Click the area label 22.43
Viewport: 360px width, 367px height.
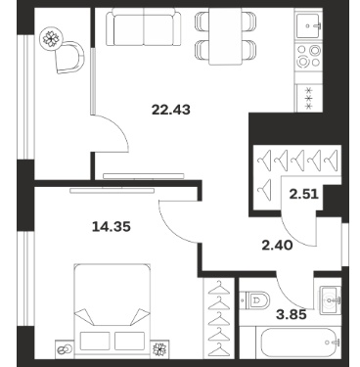pyautogui.click(x=171, y=110)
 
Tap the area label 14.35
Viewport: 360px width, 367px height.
pyautogui.click(x=112, y=226)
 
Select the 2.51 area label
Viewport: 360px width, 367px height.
pyautogui.click(x=304, y=194)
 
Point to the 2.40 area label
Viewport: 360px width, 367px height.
pyautogui.click(x=277, y=245)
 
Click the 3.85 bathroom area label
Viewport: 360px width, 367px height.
pyautogui.click(x=292, y=314)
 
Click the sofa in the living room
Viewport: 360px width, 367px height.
pyautogui.click(x=144, y=27)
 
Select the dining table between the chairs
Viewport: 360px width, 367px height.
pyautogui.click(x=226, y=36)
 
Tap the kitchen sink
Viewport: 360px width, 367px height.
pyautogui.click(x=309, y=25)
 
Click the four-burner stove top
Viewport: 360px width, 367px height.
pyautogui.click(x=309, y=56)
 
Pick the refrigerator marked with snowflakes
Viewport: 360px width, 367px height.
pyautogui.click(x=308, y=97)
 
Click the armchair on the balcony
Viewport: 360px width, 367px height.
pyautogui.click(x=69, y=57)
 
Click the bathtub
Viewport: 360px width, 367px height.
pyautogui.click(x=301, y=343)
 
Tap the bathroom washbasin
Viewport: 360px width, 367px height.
pyautogui.click(x=330, y=299)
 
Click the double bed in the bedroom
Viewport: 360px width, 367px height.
pyautogui.click(x=112, y=311)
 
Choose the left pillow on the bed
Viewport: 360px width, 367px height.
pyautogui.click(x=94, y=341)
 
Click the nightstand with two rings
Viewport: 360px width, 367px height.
pyautogui.click(x=65, y=349)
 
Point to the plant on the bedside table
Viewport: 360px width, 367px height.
pyautogui.click(x=160, y=349)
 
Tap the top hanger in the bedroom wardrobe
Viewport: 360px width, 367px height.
pyautogui.click(x=219, y=288)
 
